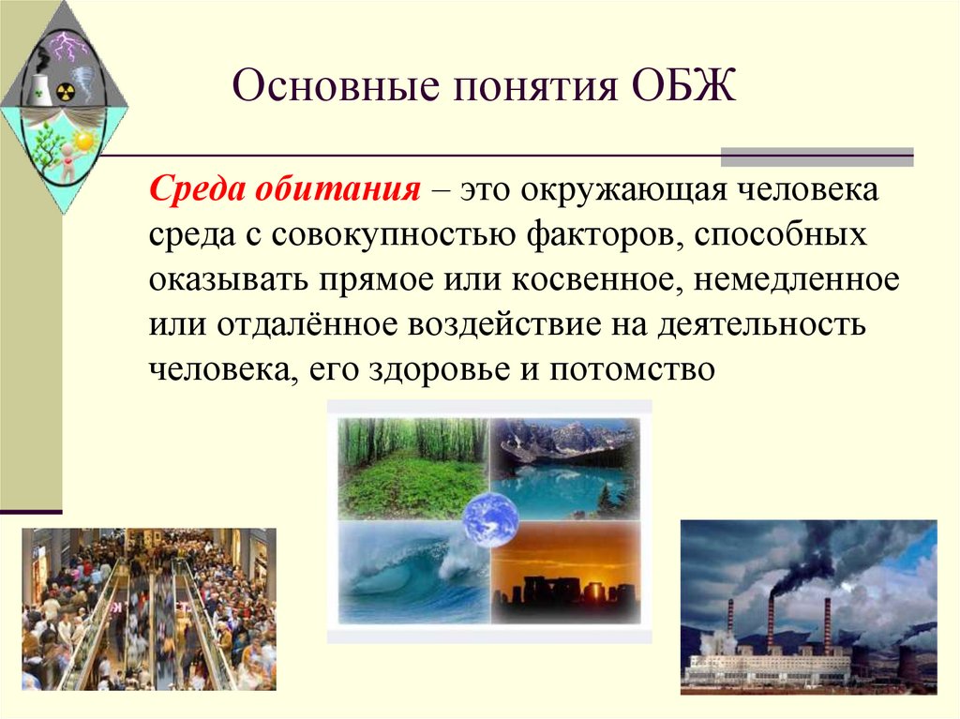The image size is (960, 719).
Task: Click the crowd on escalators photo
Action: [149, 609]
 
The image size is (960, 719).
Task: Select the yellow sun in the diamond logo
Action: [85, 142]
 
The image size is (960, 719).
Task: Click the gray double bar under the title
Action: [816, 157]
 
